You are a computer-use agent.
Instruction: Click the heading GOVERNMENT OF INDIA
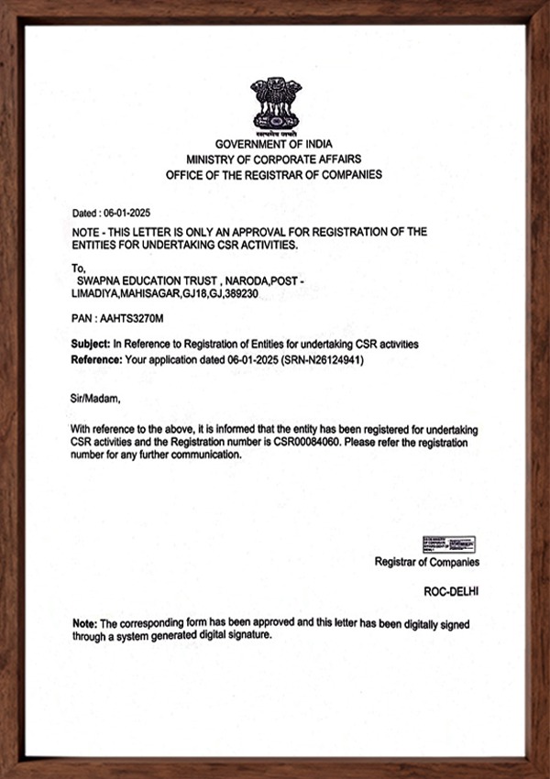[274, 145]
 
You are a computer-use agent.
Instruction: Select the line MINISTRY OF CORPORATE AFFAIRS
[274, 159]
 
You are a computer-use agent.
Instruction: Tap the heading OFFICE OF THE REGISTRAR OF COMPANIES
[274, 174]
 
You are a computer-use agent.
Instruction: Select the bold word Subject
[90, 344]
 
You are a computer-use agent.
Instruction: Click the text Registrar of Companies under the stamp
[426, 563]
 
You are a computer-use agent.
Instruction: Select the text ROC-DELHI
[450, 593]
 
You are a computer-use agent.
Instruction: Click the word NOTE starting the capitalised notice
[88, 233]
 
